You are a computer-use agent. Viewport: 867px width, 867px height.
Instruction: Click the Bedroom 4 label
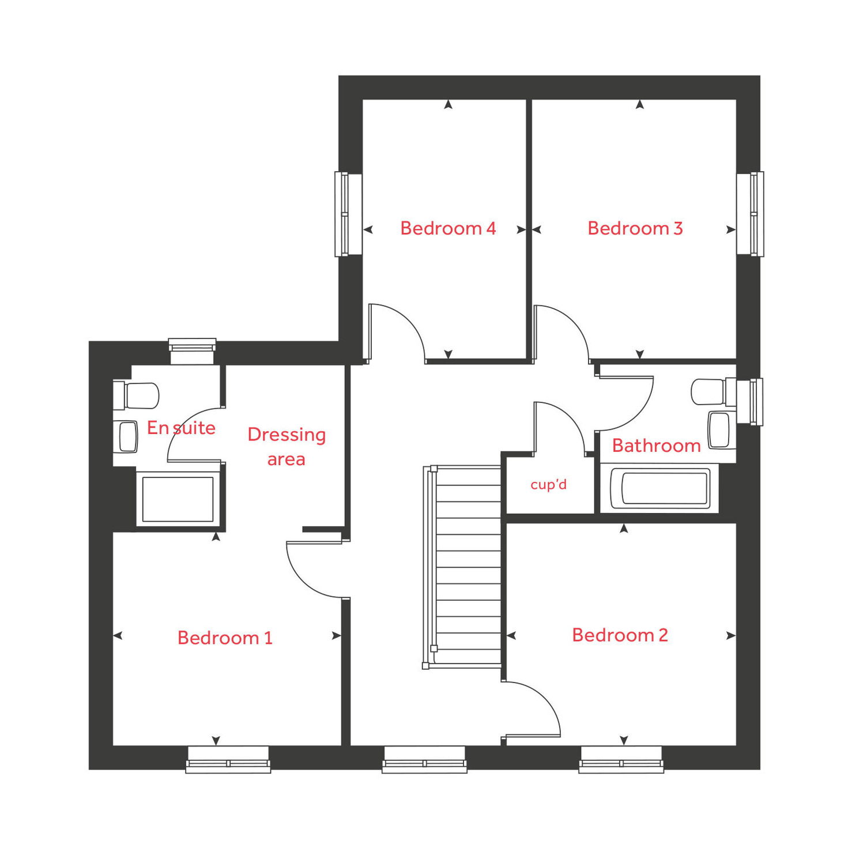click(x=448, y=228)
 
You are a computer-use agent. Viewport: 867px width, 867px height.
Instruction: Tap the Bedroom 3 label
click(x=635, y=228)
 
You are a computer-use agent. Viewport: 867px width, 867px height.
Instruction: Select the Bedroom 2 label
click(x=620, y=635)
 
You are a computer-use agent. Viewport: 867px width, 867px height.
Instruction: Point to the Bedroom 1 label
click(x=225, y=638)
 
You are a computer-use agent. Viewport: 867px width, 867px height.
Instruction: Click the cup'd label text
click(x=548, y=485)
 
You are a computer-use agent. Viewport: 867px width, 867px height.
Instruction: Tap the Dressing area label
click(x=287, y=447)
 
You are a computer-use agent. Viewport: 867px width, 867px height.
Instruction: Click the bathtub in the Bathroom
click(x=659, y=488)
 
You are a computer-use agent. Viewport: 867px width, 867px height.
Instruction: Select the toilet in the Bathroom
click(x=709, y=392)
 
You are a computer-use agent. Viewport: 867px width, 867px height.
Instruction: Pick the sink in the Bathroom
click(x=719, y=430)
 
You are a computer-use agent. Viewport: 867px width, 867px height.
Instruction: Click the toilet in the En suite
click(x=137, y=395)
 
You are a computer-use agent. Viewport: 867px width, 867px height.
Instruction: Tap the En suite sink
click(x=127, y=437)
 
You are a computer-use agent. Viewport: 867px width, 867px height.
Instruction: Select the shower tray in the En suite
click(x=178, y=499)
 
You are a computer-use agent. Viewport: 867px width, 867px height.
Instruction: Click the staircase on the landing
click(x=467, y=566)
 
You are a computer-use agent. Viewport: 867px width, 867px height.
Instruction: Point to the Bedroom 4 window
click(x=348, y=214)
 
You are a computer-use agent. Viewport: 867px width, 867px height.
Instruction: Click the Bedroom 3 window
click(x=751, y=214)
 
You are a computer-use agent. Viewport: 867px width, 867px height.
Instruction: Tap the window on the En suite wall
click(x=192, y=350)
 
